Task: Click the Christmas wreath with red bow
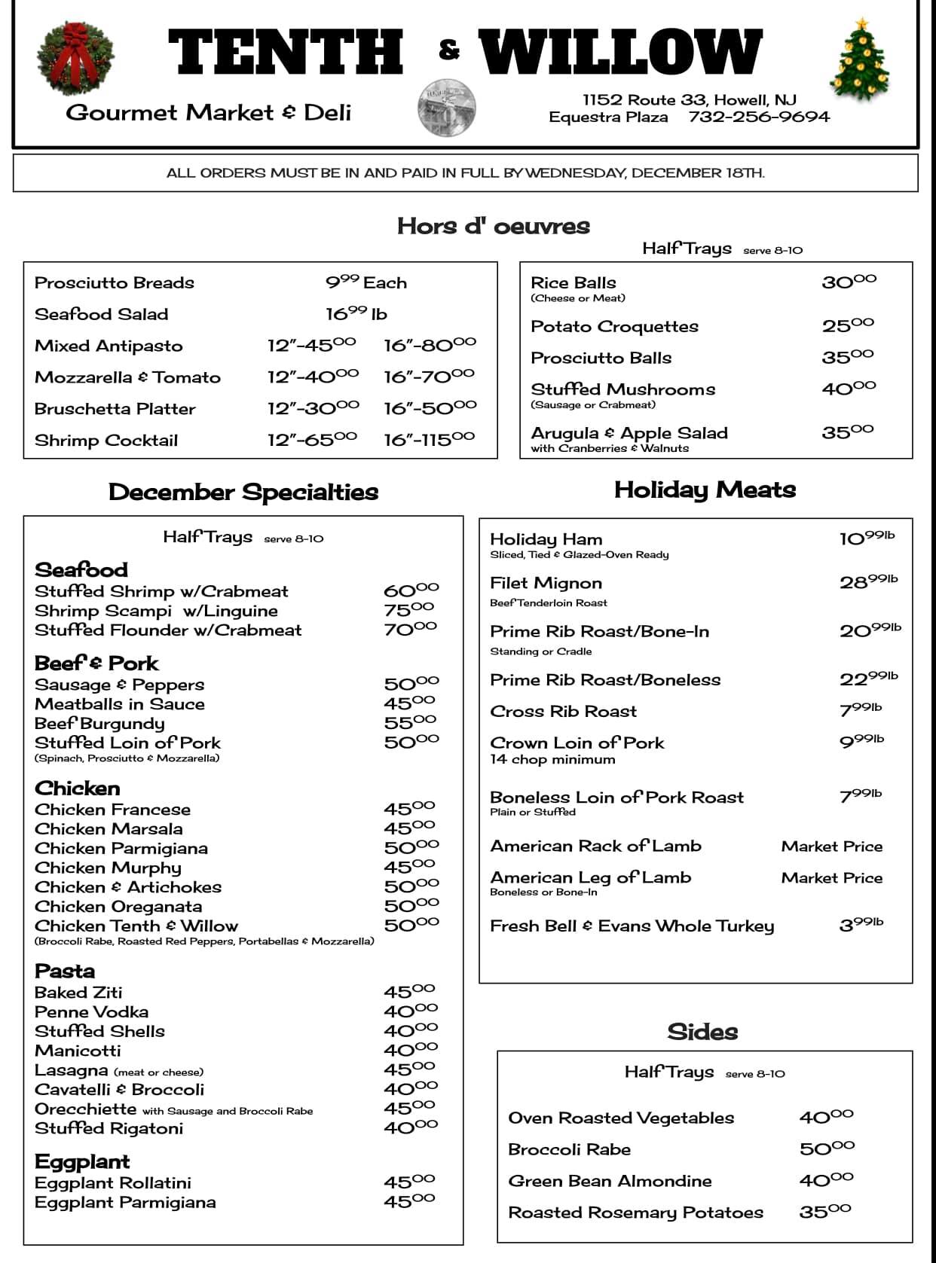pos(75,59)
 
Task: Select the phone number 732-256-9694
pos(759,117)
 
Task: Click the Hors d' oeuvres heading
pos(493,226)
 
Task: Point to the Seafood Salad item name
pos(101,314)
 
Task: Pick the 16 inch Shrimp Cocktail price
pos(429,439)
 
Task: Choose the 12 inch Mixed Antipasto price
pos(311,345)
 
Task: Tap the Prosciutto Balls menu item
pos(601,358)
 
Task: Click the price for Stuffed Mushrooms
pos(849,388)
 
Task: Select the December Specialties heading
pos(243,492)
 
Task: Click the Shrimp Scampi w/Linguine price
pos(408,609)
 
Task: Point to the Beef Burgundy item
pos(99,724)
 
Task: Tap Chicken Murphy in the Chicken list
pos(108,868)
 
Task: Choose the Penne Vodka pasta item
pos(91,1011)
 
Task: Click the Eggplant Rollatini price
pos(409,1182)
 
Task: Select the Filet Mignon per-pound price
pos(868,581)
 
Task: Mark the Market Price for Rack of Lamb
pos(831,846)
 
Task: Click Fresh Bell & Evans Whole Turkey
pos(632,926)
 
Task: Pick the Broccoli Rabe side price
pos(827,1149)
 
